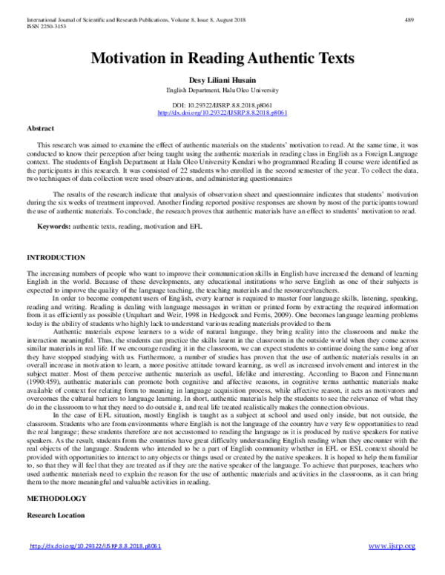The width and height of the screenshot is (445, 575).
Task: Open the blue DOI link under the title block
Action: click(x=222, y=113)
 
